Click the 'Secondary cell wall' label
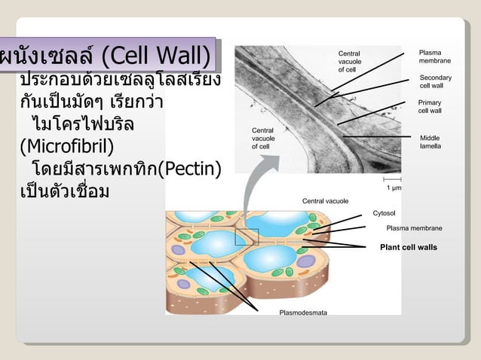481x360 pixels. (435, 81)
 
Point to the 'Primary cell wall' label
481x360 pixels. (430, 106)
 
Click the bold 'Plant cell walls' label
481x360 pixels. (408, 247)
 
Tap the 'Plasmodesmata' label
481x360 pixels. (303, 313)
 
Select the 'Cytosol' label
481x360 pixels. (385, 213)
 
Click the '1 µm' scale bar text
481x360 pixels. (393, 188)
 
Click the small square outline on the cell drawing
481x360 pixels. (247, 236)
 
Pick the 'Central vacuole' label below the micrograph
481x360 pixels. (325, 201)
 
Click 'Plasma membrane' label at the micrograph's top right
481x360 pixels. (435, 56)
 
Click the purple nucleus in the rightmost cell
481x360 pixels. (308, 261)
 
